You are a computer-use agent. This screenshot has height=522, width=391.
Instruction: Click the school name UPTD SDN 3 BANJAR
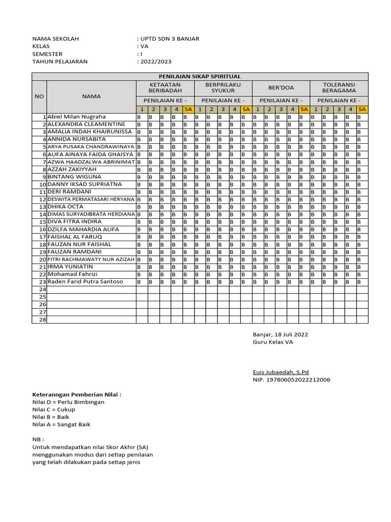tap(170, 39)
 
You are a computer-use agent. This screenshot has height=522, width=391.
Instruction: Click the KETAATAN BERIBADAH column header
tap(165, 87)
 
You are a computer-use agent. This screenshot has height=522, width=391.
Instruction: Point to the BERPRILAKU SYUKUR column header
tap(223, 87)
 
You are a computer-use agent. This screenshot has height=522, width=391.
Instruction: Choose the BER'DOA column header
tap(281, 87)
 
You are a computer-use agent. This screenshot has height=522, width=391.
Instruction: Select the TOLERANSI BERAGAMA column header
tap(339, 87)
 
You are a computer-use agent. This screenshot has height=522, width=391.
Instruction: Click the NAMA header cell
tap(92, 96)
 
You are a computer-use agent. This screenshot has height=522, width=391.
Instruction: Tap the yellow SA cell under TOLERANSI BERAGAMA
tap(362, 109)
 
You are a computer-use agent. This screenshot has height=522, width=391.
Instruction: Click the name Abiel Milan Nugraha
tap(76, 117)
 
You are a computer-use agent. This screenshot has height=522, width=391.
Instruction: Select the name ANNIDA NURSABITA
tap(76, 139)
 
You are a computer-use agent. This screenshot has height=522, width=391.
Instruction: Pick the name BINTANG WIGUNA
tap(74, 176)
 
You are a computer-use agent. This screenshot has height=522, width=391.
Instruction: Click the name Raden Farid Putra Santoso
tap(85, 281)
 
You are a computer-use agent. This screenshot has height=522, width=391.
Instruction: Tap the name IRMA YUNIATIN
tap(70, 267)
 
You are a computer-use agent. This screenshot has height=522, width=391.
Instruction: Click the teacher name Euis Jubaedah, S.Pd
tap(281, 373)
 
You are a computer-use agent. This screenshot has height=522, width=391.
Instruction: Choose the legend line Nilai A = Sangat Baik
tap(62, 424)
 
